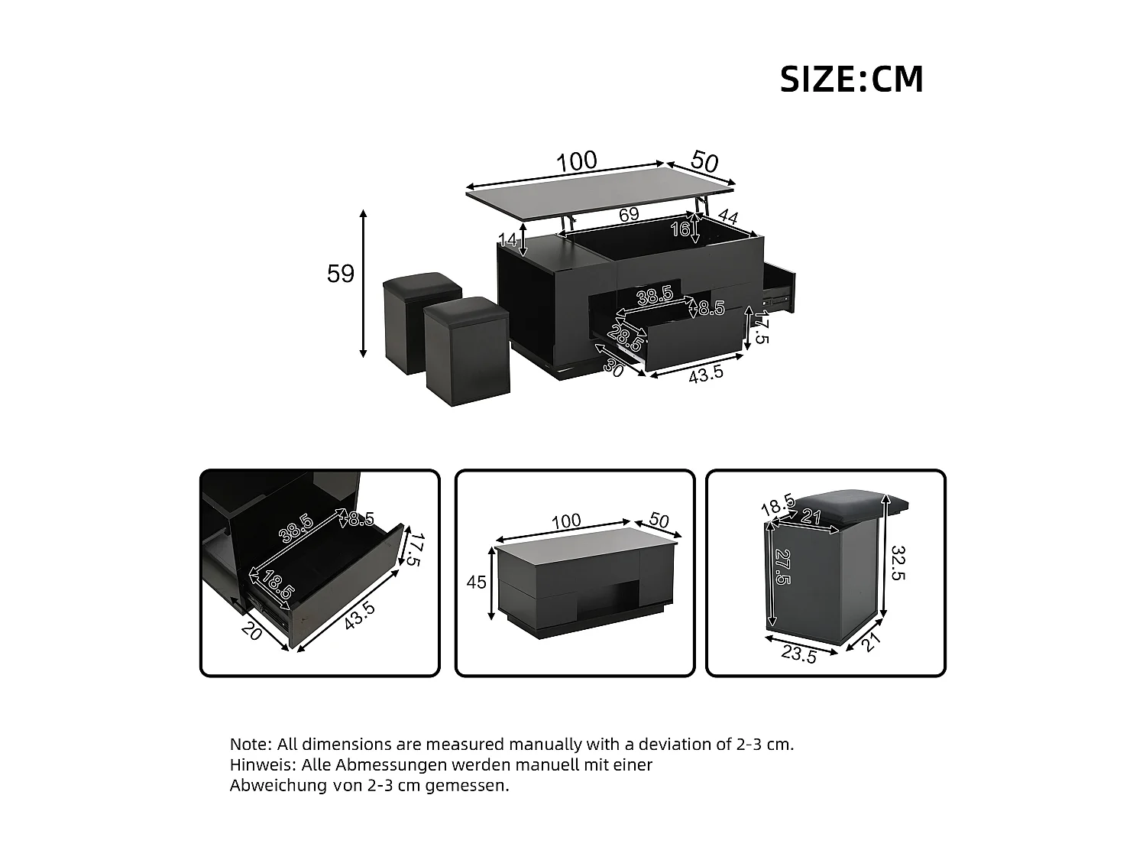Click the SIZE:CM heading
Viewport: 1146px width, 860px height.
pos(851,80)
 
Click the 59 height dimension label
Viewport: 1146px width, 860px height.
pos(341,274)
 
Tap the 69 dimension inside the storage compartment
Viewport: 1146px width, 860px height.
pos(629,215)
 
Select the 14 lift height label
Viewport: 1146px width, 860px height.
pos(507,240)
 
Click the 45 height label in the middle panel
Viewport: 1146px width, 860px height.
pos(476,583)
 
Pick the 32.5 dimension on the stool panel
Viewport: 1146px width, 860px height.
pos(898,563)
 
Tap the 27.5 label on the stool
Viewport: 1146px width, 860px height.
pos(782,566)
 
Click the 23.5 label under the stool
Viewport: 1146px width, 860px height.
pos(798,654)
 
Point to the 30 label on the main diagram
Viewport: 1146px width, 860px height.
pos(614,367)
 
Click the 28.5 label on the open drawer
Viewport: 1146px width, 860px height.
pos(626,336)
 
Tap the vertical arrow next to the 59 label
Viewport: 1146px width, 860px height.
pos(364,283)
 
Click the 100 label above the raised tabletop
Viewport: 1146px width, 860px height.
pos(576,161)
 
